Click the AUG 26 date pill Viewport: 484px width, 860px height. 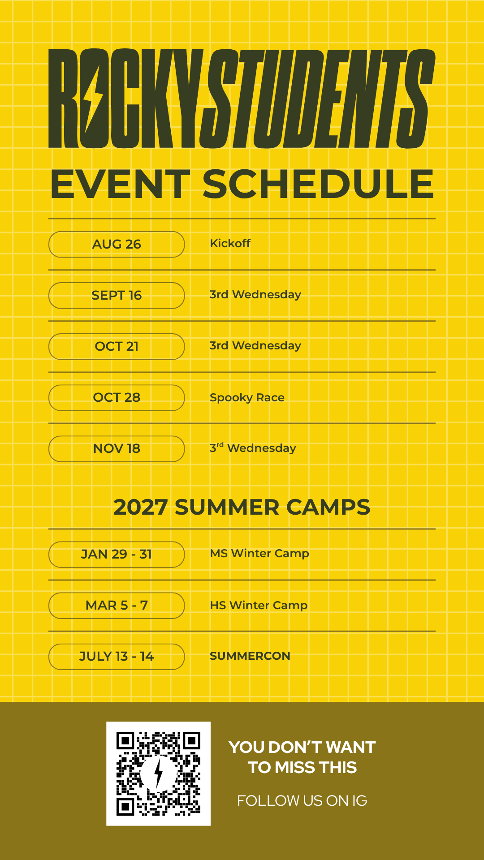click(x=117, y=244)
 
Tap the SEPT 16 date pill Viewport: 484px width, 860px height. click(x=117, y=295)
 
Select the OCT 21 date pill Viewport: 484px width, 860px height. click(x=117, y=346)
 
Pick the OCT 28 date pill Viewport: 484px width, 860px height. click(x=117, y=397)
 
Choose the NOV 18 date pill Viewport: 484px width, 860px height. click(x=117, y=448)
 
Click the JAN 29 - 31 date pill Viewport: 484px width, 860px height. click(x=117, y=554)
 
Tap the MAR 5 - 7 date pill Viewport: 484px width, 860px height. click(x=117, y=605)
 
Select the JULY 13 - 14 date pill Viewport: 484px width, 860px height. click(x=117, y=656)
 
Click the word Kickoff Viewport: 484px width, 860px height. click(x=230, y=243)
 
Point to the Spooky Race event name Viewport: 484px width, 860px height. click(x=247, y=398)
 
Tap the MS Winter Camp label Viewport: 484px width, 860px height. click(x=259, y=554)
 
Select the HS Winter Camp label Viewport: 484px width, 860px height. click(x=259, y=606)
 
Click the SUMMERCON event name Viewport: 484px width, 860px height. click(x=250, y=656)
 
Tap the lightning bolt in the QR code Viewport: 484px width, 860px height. click(x=158, y=774)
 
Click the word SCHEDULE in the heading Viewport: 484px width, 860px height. click(x=318, y=184)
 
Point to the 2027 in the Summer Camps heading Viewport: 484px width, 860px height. click(x=141, y=507)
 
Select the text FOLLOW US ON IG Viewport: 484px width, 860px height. click(x=302, y=800)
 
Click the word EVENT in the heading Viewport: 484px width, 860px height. click(x=121, y=184)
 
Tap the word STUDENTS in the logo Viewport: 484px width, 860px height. click(x=317, y=99)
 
